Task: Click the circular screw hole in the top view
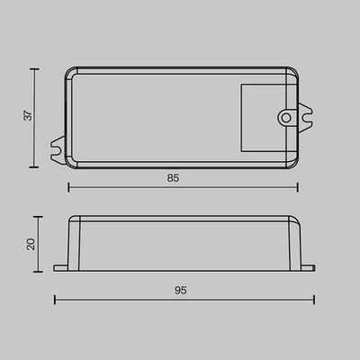pyautogui.click(x=285, y=116)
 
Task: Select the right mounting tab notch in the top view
pyautogui.click(x=309, y=116)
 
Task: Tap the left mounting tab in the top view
pyautogui.click(x=58, y=143)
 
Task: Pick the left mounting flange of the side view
pyautogui.click(x=60, y=267)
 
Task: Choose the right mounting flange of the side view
pyautogui.click(x=310, y=267)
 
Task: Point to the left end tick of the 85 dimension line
pyautogui.click(x=69, y=187)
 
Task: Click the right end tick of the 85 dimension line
pyautogui.click(x=297, y=187)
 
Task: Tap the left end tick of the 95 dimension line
pyautogui.click(x=55, y=299)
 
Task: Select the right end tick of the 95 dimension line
pyautogui.click(x=315, y=299)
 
